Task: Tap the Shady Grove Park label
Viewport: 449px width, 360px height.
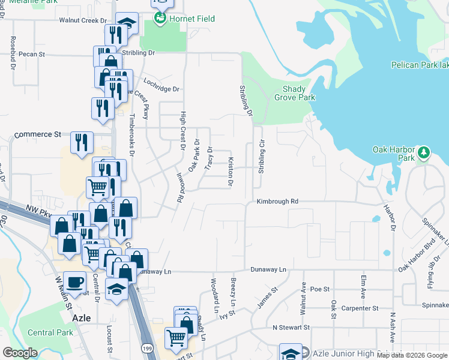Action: pos(295,93)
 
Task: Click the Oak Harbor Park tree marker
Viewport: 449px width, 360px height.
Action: pos(424,152)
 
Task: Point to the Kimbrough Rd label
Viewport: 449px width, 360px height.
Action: pos(277,202)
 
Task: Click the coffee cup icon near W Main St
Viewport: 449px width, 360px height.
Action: pos(75,282)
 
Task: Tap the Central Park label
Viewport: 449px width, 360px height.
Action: pos(50,332)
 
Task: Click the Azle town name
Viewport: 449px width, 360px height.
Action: pos(81,318)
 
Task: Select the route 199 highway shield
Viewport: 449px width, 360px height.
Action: pos(146,348)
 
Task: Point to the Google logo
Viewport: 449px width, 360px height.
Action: pos(20,353)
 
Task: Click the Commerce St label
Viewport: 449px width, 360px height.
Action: pos(38,134)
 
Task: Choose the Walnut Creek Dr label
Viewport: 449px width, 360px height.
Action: pos(86,20)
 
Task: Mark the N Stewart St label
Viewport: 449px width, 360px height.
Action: pos(291,328)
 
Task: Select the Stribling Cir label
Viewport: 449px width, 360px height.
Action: pos(262,157)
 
